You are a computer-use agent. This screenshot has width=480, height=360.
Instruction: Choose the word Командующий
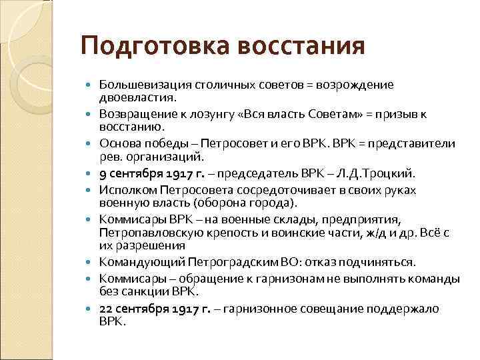click(x=135, y=261)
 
